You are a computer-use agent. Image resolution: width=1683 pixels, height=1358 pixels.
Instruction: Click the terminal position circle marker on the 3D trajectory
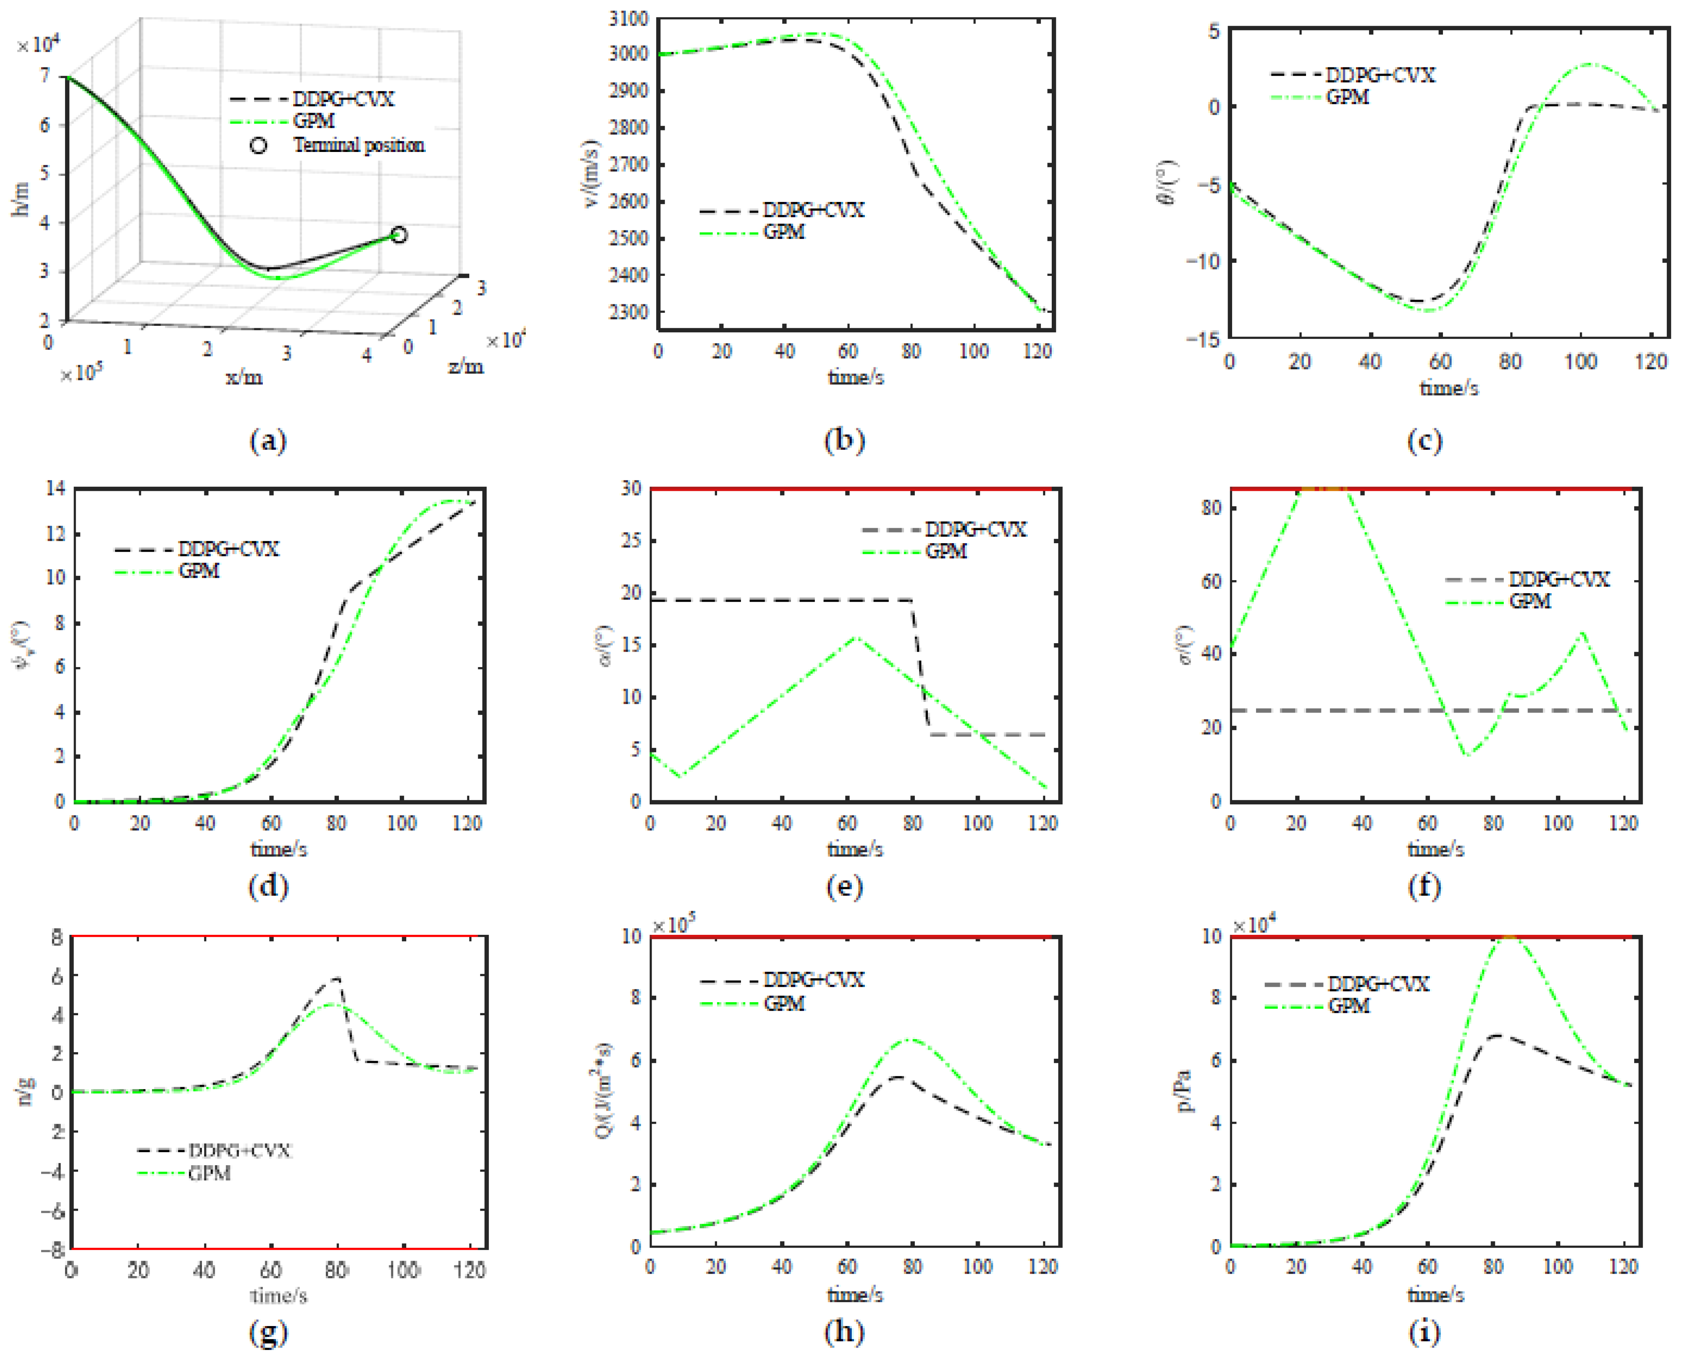[x=399, y=235]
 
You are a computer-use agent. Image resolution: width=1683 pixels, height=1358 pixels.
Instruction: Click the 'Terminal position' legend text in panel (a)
[x=359, y=145]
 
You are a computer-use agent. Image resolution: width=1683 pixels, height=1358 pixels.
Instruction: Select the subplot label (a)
[x=267, y=441]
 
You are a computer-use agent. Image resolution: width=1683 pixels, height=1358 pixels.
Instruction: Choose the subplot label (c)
[x=1424, y=441]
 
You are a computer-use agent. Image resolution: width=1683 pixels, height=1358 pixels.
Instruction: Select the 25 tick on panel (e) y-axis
[x=631, y=541]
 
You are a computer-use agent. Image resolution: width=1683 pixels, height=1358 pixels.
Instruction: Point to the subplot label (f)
[x=1424, y=886]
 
